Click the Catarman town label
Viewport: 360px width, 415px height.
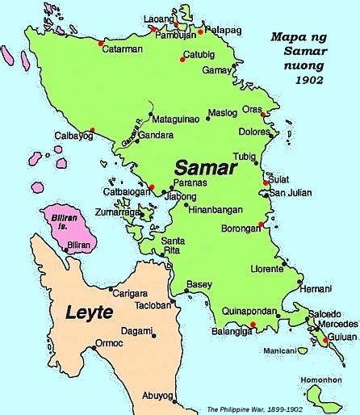[x=123, y=48]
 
